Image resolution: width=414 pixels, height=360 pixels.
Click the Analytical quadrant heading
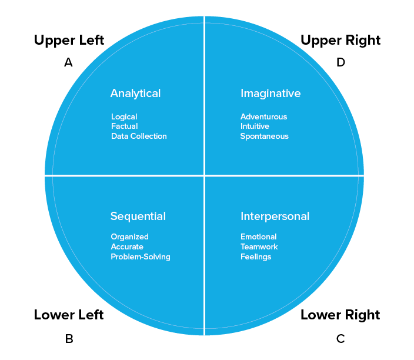(x=135, y=93)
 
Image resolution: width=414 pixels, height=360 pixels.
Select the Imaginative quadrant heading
(x=271, y=93)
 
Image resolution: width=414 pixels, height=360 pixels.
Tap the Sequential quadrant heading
(x=138, y=216)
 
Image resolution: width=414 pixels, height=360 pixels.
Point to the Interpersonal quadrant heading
(x=275, y=216)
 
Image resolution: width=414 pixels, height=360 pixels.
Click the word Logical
(x=124, y=116)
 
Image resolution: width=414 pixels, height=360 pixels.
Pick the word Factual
(x=125, y=126)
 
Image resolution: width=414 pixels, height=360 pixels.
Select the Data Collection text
(x=139, y=136)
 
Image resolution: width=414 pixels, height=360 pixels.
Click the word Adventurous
(x=263, y=116)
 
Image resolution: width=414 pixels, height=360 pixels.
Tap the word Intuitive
(x=255, y=126)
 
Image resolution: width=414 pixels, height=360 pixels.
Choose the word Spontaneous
(x=264, y=136)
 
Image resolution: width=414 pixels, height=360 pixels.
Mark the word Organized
(x=129, y=237)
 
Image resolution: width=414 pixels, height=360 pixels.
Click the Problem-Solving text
(x=141, y=256)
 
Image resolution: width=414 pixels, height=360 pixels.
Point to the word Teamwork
(x=259, y=246)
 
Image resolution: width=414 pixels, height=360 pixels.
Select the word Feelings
(x=256, y=256)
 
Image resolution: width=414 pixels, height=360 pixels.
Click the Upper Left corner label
(x=69, y=40)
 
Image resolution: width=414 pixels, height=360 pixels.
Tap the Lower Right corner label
(x=340, y=315)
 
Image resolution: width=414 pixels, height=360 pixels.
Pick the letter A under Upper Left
(x=68, y=62)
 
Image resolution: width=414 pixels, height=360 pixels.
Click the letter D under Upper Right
(x=340, y=62)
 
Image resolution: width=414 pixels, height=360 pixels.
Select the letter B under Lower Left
(x=69, y=338)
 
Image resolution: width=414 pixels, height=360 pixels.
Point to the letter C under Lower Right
(x=340, y=338)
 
